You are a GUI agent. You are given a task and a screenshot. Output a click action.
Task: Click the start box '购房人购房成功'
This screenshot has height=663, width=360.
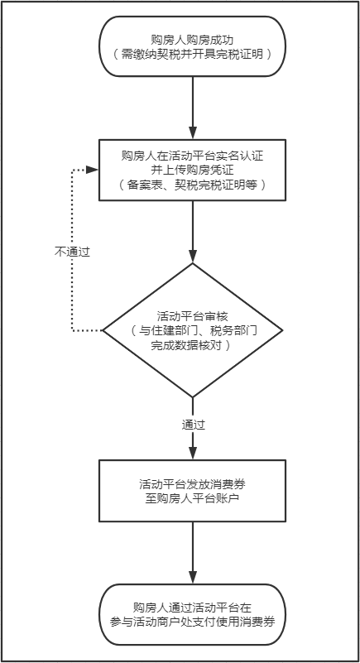[x=192, y=46]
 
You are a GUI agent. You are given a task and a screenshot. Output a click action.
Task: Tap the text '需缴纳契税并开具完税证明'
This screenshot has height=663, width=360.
[x=193, y=54]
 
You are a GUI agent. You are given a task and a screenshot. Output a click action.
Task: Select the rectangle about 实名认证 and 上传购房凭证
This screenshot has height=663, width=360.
[x=192, y=170]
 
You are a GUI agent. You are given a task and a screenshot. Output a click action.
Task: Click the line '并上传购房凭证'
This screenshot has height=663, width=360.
[x=192, y=170]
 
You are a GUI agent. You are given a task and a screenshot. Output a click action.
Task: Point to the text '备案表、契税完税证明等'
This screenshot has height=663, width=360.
[x=193, y=185]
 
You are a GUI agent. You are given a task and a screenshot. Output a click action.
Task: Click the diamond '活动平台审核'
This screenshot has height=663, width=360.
[x=192, y=330]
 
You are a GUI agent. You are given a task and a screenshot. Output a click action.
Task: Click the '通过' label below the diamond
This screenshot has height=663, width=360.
[x=194, y=425]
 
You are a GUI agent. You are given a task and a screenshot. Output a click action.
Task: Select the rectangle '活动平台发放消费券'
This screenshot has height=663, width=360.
[x=192, y=491]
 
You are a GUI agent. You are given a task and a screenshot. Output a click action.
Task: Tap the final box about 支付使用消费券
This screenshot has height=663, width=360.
[x=192, y=614]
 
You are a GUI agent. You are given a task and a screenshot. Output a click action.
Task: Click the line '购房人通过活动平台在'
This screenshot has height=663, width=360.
[x=192, y=608]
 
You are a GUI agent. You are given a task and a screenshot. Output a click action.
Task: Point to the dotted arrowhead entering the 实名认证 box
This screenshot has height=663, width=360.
[x=93, y=170]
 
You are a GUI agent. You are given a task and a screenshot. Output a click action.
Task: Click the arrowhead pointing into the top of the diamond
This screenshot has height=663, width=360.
[x=193, y=257]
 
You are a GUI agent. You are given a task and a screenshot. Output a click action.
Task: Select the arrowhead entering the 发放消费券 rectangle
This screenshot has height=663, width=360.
[x=193, y=454]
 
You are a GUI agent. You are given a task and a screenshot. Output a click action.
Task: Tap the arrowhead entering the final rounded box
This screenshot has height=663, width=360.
[x=193, y=578]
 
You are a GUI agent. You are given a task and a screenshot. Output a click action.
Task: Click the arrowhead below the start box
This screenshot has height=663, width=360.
[x=193, y=132]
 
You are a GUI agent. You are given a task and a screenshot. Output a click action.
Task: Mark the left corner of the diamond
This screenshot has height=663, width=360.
[x=103, y=330]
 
